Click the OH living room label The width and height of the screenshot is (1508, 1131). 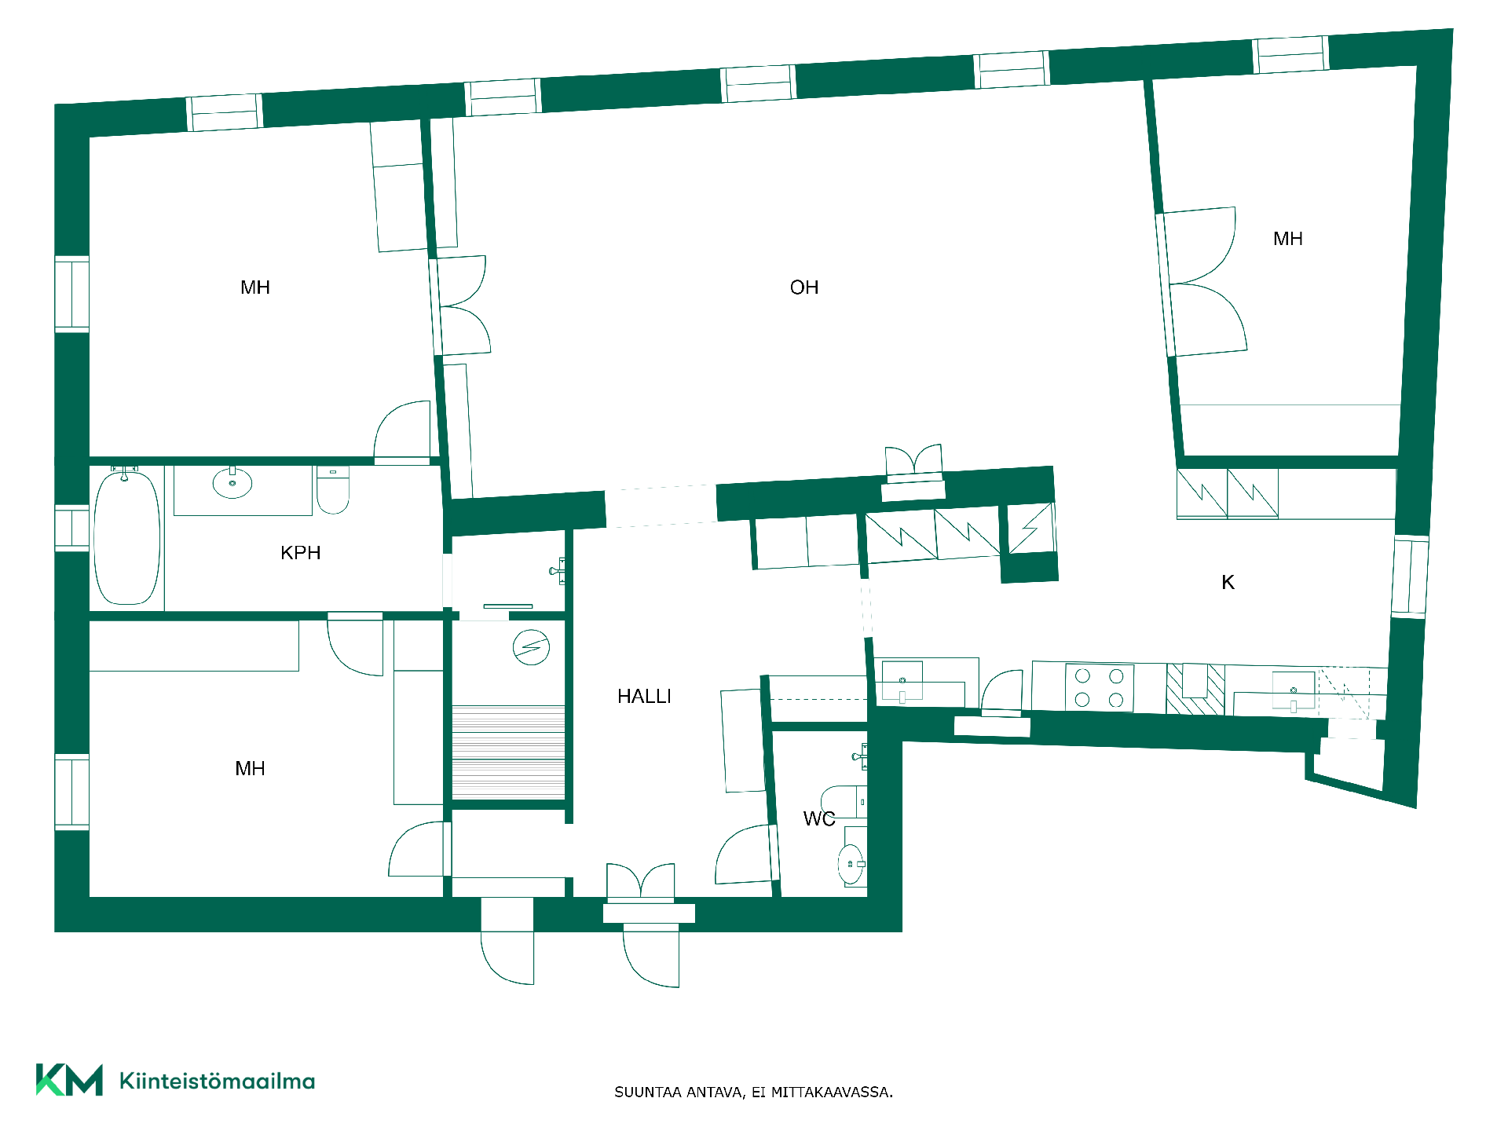pyautogui.click(x=804, y=287)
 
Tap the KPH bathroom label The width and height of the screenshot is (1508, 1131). pyautogui.click(x=301, y=553)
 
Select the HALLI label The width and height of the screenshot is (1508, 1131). pyautogui.click(x=644, y=697)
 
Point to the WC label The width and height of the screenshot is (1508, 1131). pyautogui.click(x=819, y=819)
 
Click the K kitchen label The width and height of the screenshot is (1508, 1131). pyautogui.click(x=1228, y=582)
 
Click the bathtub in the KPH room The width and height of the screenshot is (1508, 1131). pyautogui.click(x=127, y=537)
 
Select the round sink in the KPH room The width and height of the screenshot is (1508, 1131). pyautogui.click(x=232, y=483)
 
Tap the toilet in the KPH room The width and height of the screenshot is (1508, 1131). pyautogui.click(x=333, y=490)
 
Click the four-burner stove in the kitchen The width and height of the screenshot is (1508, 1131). pyautogui.click(x=1100, y=688)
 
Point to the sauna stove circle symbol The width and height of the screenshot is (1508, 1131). pyautogui.click(x=531, y=647)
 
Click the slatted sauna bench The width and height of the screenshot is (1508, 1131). pyautogui.click(x=508, y=752)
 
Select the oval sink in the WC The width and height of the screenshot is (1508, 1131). pyautogui.click(x=851, y=864)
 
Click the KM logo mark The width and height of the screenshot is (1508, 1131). pyautogui.click(x=69, y=1080)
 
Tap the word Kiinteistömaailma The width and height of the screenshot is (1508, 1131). pyautogui.click(x=218, y=1081)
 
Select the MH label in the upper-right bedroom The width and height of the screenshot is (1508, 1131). pyautogui.click(x=1288, y=239)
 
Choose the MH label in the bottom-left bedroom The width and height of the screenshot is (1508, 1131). pyautogui.click(x=250, y=769)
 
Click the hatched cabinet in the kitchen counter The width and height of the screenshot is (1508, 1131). pyautogui.click(x=1195, y=690)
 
